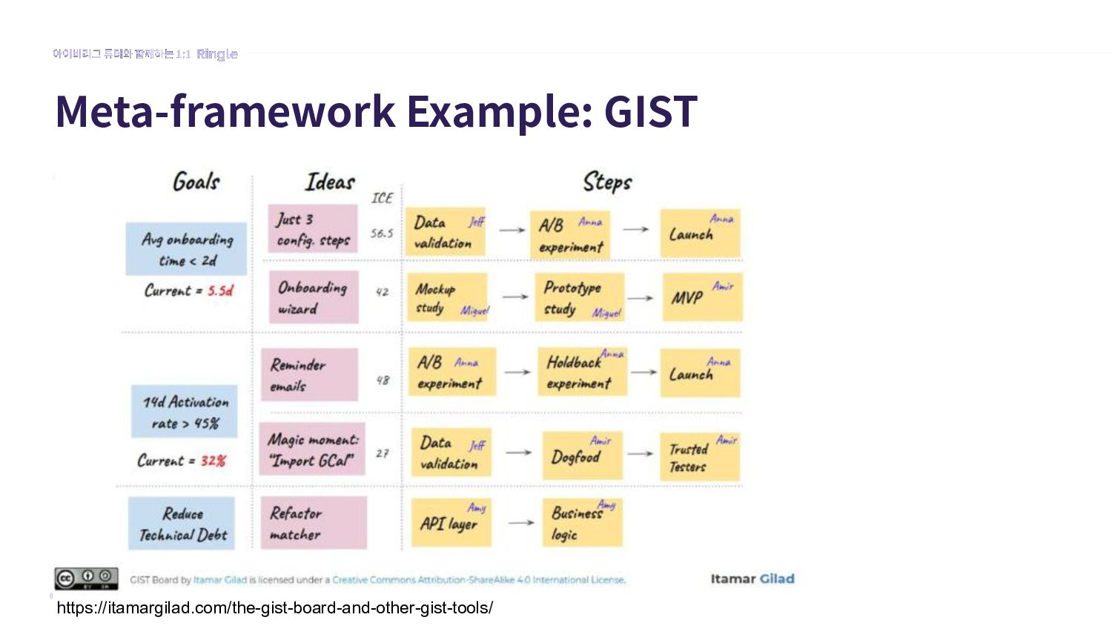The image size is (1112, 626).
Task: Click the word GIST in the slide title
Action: [650, 111]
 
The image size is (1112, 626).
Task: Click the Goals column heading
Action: [196, 182]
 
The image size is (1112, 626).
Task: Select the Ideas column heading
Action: [330, 182]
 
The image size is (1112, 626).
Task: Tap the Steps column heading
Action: [607, 182]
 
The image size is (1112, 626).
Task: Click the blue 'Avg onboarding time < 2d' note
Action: [186, 249]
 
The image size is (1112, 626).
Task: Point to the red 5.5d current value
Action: [220, 291]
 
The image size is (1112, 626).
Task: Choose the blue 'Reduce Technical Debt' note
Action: [182, 524]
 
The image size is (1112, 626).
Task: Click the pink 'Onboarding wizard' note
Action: [314, 297]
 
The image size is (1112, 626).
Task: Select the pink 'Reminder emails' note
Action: [309, 375]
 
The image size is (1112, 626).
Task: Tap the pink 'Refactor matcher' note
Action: [313, 523]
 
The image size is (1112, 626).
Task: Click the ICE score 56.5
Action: [382, 233]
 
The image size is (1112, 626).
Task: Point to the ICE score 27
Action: [382, 453]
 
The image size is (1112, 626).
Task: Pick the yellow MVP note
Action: [701, 297]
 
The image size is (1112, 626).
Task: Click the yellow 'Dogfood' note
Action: [582, 455]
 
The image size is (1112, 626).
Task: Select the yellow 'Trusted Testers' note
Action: [699, 457]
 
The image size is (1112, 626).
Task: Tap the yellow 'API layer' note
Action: [451, 523]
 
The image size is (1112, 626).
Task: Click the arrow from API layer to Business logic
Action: [520, 523]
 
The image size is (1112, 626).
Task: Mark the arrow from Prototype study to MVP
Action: [641, 298]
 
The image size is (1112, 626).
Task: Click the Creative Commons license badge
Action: [86, 579]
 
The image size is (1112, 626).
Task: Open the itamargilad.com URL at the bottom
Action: [274, 608]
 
